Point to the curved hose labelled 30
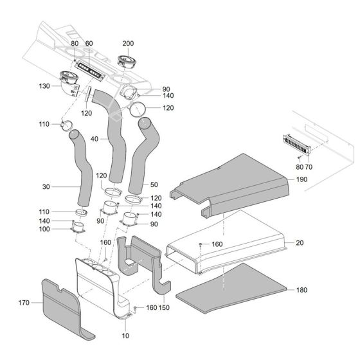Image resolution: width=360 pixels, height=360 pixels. pos(81,167)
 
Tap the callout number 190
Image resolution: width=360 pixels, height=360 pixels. pos(303,181)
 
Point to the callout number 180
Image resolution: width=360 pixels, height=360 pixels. pos(301,290)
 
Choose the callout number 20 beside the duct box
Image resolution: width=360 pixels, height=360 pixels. pos(300,243)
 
